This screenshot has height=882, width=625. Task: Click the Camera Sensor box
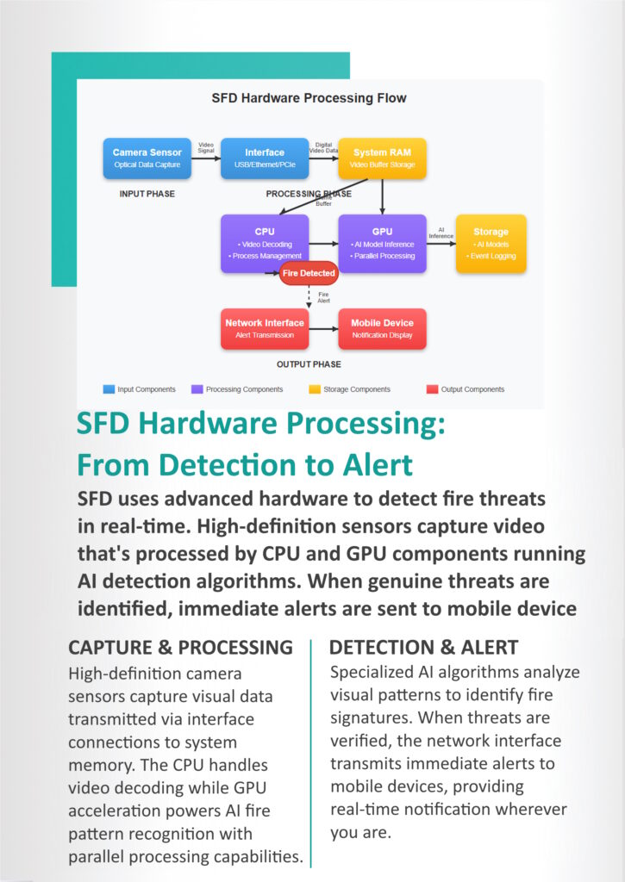click(x=147, y=158)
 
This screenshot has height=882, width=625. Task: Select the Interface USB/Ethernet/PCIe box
click(x=265, y=158)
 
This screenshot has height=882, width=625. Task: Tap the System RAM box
click(x=382, y=158)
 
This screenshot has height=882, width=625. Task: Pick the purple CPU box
click(x=265, y=244)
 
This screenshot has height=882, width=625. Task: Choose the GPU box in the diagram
click(x=382, y=244)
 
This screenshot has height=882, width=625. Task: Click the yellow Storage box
click(x=491, y=244)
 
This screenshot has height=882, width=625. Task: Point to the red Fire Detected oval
click(x=309, y=273)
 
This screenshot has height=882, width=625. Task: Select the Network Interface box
click(x=265, y=329)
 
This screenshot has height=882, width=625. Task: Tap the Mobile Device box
click(x=382, y=329)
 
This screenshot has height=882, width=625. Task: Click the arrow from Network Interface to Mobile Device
click(x=324, y=329)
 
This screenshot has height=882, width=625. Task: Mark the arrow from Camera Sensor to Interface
click(x=206, y=158)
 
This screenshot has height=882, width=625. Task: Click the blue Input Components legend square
click(x=109, y=389)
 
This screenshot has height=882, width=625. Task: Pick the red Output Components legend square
click(x=433, y=389)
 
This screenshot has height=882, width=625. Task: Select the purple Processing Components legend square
click(x=197, y=389)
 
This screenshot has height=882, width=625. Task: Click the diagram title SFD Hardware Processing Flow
click(x=309, y=98)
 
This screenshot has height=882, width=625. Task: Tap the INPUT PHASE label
click(x=147, y=194)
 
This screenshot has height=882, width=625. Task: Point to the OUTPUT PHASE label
click(x=309, y=364)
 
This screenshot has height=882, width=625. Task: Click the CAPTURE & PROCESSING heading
click(x=180, y=648)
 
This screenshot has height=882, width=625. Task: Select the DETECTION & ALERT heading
click(x=423, y=648)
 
